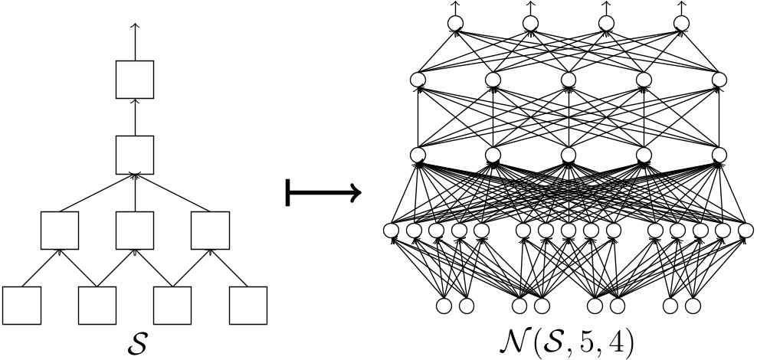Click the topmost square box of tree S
(135, 80)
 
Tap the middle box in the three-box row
(135, 229)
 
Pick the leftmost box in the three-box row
(60, 229)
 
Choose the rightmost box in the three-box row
(210, 229)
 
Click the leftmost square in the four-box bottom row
(21, 305)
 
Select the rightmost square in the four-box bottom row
(247, 305)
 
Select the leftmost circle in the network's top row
(456, 24)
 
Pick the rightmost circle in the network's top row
(681, 24)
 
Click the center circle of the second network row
(569, 80)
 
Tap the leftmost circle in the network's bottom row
(444, 306)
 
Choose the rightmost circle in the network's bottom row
(693, 306)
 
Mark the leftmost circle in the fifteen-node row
(392, 229)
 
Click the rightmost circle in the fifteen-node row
(744, 229)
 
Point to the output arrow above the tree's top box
(135, 38)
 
